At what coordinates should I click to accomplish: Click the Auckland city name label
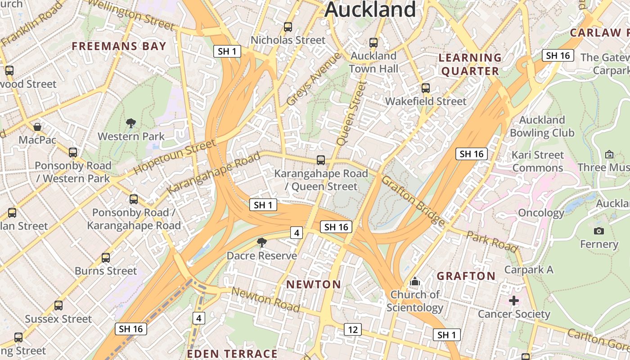point(370,9)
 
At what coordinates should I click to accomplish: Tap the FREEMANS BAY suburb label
point(119,46)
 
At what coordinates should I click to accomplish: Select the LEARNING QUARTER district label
point(470,64)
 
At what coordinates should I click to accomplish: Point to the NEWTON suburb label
point(314,284)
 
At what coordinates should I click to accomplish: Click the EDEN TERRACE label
point(232,354)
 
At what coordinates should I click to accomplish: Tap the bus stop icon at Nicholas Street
point(288,27)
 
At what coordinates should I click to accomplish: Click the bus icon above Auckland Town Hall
point(373,43)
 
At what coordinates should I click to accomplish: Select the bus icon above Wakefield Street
point(426,88)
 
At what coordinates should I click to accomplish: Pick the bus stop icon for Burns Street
point(106,258)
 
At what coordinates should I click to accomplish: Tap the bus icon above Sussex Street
point(58,306)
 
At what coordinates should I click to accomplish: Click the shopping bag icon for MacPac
point(37,127)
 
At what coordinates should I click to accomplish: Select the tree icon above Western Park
point(131,123)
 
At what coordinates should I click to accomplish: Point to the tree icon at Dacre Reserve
point(261,243)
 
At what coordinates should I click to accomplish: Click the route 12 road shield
point(353,329)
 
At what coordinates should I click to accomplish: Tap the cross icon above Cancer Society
point(514,301)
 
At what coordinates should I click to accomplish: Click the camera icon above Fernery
point(598,231)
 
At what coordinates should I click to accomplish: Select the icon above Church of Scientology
point(414,282)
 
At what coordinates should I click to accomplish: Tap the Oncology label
point(541,213)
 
